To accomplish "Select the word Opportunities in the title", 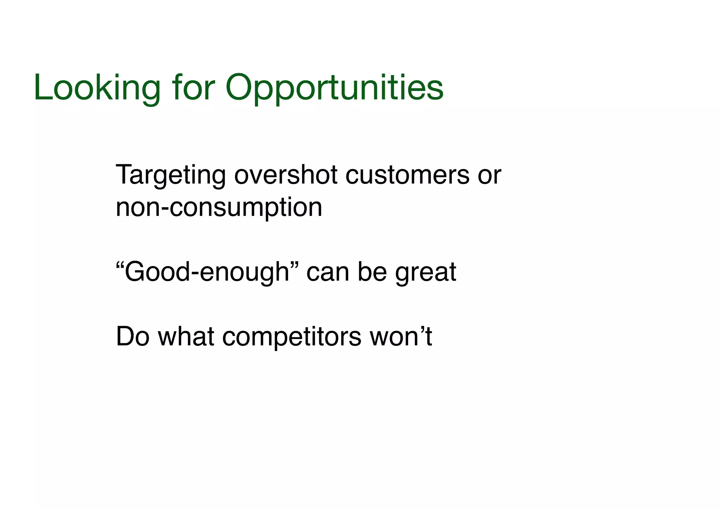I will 334,88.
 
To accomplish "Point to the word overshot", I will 286,175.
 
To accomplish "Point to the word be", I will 372,272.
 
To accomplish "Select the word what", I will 186,337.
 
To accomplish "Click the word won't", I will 401,337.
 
